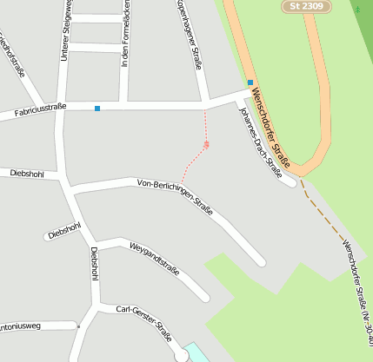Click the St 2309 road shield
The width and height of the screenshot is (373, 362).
(306, 5)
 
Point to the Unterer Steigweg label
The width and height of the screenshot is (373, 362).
(64, 31)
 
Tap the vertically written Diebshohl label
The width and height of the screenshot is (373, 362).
(94, 264)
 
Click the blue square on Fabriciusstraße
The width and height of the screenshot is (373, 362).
(97, 108)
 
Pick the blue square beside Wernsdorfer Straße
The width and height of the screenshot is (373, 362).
(250, 82)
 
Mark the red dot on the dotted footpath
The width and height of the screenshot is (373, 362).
(206, 144)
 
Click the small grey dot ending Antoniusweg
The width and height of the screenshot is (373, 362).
(78, 326)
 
